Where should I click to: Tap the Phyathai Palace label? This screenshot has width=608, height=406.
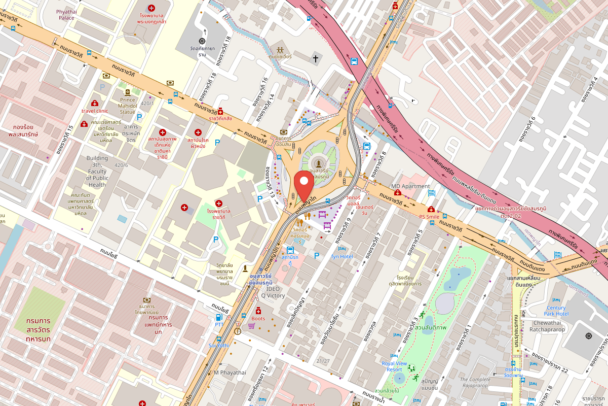(x=66, y=14)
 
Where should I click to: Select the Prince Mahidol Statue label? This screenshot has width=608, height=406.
(x=127, y=106)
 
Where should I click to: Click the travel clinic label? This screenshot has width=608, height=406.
(x=95, y=111)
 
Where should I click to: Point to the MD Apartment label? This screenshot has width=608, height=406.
(x=410, y=186)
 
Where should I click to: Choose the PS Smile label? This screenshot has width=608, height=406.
(x=429, y=217)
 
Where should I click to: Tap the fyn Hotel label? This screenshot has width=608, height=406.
(x=341, y=256)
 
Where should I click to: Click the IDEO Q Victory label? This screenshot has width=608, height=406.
(x=273, y=292)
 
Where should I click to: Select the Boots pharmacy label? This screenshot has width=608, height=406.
(x=258, y=319)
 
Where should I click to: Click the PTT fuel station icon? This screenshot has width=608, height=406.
(x=219, y=317)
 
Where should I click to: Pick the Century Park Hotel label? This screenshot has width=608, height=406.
(x=556, y=311)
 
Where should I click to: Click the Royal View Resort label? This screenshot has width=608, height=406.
(x=394, y=366)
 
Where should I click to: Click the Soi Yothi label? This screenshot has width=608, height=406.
(x=218, y=346)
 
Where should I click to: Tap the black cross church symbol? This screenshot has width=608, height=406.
(x=315, y=59)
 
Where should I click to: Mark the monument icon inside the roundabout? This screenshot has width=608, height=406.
(x=319, y=163)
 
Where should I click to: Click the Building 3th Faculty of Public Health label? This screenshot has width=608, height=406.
(x=97, y=171)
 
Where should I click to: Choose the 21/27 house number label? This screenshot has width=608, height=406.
(x=323, y=361)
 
